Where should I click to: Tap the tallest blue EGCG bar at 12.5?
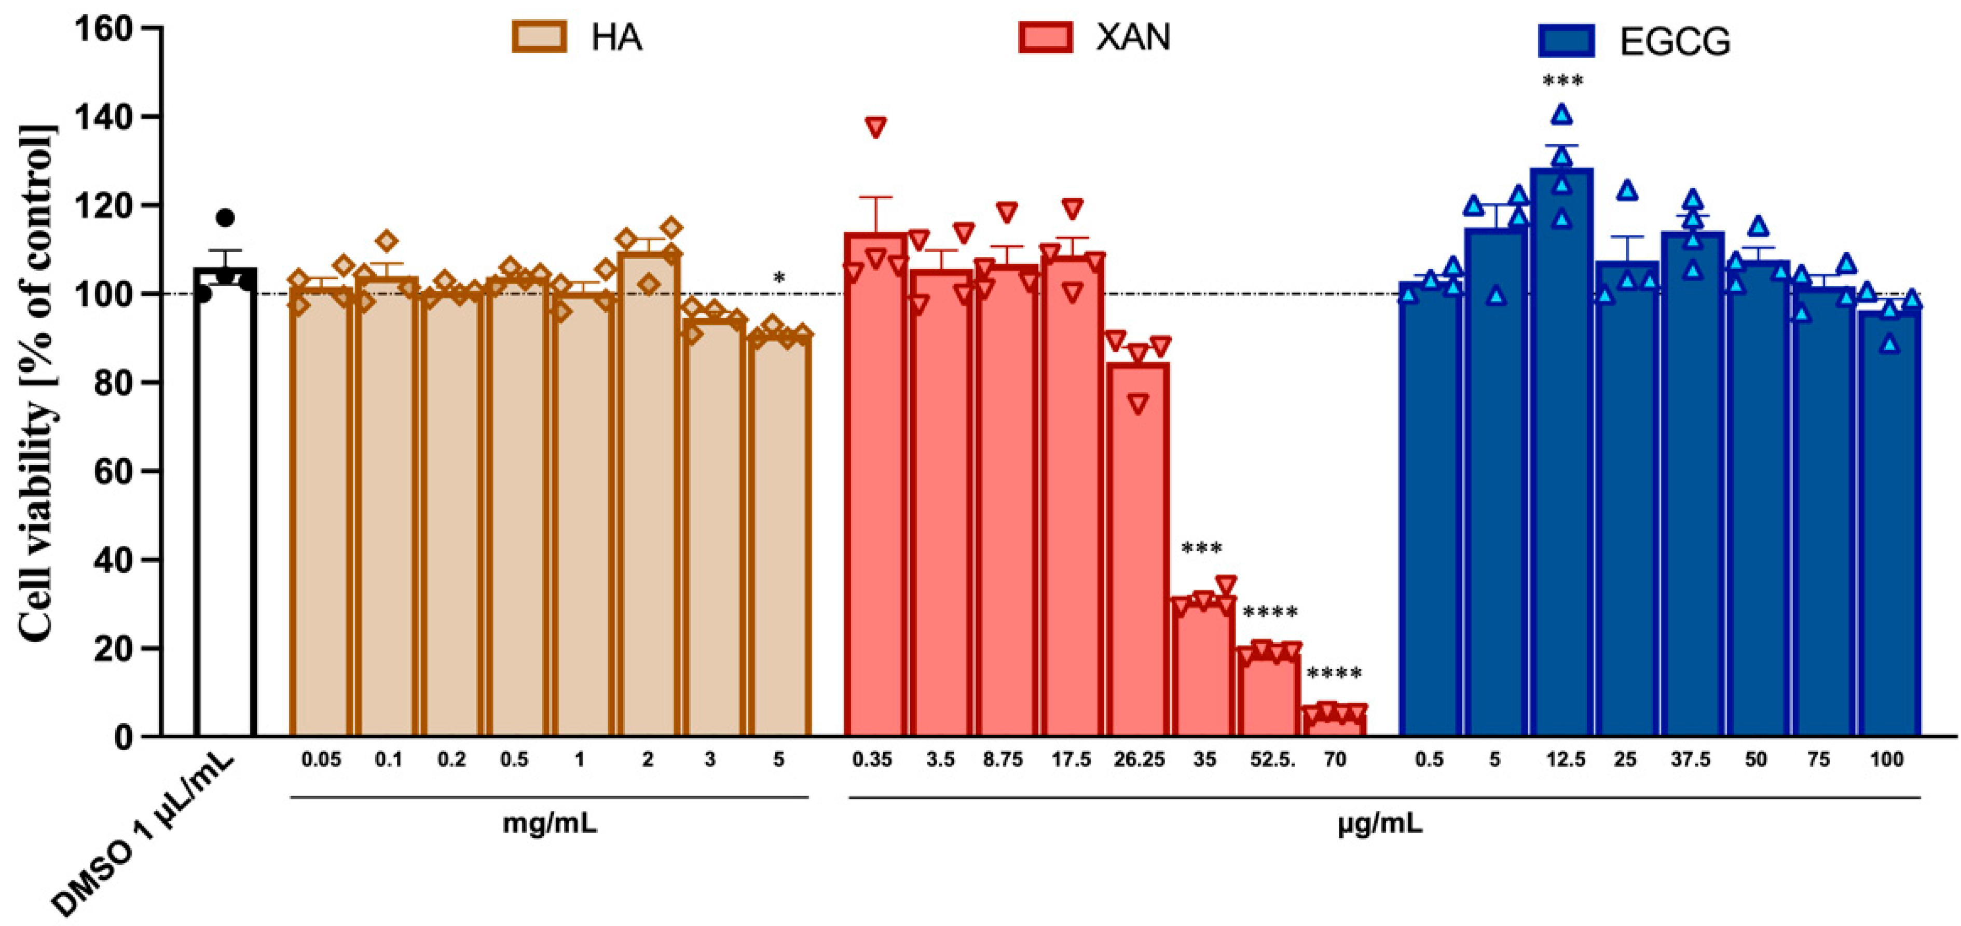pos(1561,457)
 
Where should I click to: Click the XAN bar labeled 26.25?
pos(1138,548)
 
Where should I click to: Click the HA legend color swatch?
pos(539,36)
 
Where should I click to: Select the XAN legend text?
pos(1133,36)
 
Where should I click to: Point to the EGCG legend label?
pos(1675,41)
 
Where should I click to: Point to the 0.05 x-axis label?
pos(321,759)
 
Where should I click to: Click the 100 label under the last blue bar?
pos(1886,759)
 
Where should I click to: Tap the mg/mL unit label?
pos(550,823)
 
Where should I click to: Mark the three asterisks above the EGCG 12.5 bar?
pos(1562,80)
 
